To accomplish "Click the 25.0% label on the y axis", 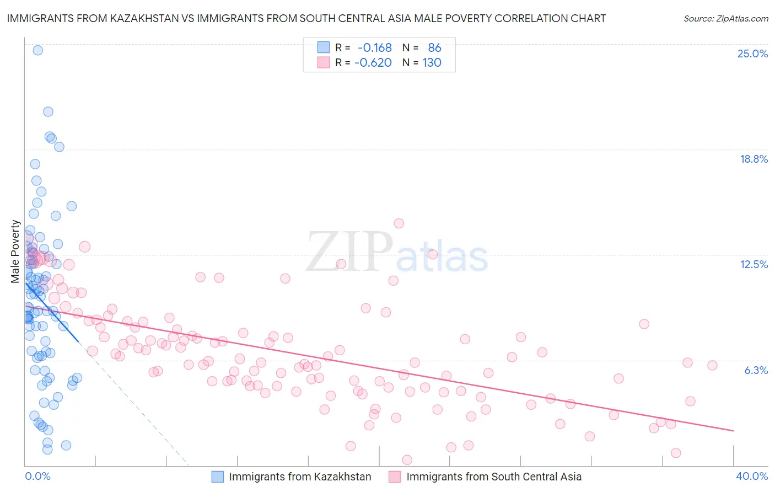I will click(x=752, y=54).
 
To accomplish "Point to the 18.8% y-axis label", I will click(x=754, y=159).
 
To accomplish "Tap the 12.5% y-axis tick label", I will click(x=754, y=264).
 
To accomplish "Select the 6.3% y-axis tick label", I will click(x=756, y=370).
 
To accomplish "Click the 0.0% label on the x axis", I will click(x=37, y=476).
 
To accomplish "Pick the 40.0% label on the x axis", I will click(x=752, y=476).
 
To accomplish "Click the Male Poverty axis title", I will click(x=15, y=252).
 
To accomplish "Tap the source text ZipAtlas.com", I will click(x=725, y=18).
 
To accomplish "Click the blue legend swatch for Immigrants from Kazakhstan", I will click(x=218, y=477).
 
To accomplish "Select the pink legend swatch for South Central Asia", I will click(x=395, y=477).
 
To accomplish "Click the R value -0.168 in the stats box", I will click(x=374, y=48).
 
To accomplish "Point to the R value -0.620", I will click(x=373, y=62).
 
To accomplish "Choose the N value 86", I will click(x=434, y=48).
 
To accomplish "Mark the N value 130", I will click(x=432, y=62).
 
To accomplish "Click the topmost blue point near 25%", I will click(x=37, y=50).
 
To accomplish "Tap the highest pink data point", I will click(x=399, y=223).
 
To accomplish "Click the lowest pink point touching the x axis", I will click(x=407, y=459).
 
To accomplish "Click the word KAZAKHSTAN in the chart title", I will click(x=146, y=18).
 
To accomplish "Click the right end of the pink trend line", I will click(x=733, y=430).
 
